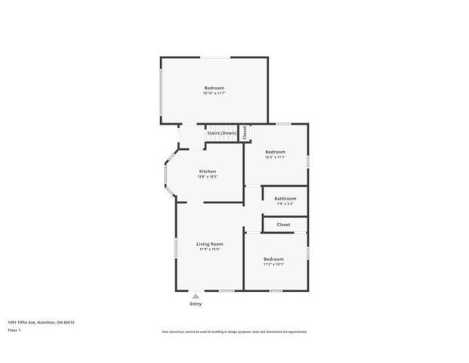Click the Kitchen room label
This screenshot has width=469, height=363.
(x=208, y=172)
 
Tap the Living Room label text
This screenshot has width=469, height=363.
(x=210, y=244)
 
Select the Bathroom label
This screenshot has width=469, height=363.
(x=285, y=199)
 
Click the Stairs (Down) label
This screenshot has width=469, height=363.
(x=221, y=133)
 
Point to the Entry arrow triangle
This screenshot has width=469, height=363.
(x=196, y=296)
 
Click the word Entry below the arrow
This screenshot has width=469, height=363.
(x=196, y=304)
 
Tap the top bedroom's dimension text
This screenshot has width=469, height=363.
(x=214, y=93)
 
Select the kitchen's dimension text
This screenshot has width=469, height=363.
(x=208, y=178)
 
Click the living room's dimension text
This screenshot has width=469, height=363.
(x=209, y=250)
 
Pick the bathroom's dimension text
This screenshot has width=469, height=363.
(x=285, y=204)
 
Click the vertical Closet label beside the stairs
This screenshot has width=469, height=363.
(x=245, y=132)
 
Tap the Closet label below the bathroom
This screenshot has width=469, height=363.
(x=284, y=225)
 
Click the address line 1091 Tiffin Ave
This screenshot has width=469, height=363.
(x=42, y=321)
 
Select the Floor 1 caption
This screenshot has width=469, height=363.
(x=15, y=330)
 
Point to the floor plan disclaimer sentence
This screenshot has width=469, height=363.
(x=234, y=331)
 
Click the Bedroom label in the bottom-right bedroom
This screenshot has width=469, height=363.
(x=273, y=259)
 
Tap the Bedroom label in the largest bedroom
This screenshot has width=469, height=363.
(x=214, y=88)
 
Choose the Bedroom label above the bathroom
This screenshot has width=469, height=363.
(x=275, y=152)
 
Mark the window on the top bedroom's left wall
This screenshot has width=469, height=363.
(x=162, y=92)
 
